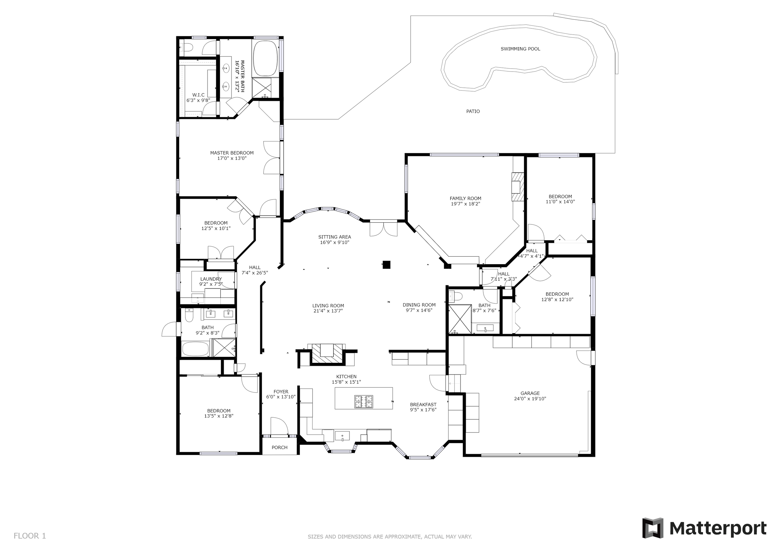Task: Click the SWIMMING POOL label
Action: coord(520,49)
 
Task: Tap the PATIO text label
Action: coord(473,111)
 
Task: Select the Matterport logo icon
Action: coord(652,528)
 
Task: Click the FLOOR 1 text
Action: coord(30,536)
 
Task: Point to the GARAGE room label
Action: coord(530,393)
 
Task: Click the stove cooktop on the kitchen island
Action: coord(364,402)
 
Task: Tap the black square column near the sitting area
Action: coord(386,264)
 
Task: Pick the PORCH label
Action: coord(280,447)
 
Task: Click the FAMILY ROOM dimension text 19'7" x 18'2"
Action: coord(465,204)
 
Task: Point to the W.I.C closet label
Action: coord(198,95)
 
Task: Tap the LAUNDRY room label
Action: coord(211,279)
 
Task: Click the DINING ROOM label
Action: coord(419,305)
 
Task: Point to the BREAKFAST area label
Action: coord(423,405)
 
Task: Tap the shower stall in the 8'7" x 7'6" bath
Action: coord(460,319)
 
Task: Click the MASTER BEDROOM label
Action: coord(232,153)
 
